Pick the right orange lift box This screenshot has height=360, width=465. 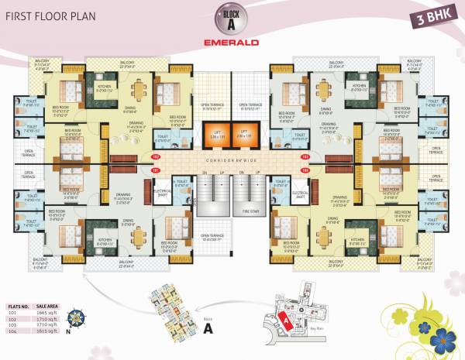tap(245, 139)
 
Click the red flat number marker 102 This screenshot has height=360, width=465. tap(156, 157)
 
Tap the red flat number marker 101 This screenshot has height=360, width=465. tap(156, 169)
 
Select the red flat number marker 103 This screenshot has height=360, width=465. tap(305, 157)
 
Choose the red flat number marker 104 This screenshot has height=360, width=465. tap(305, 169)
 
